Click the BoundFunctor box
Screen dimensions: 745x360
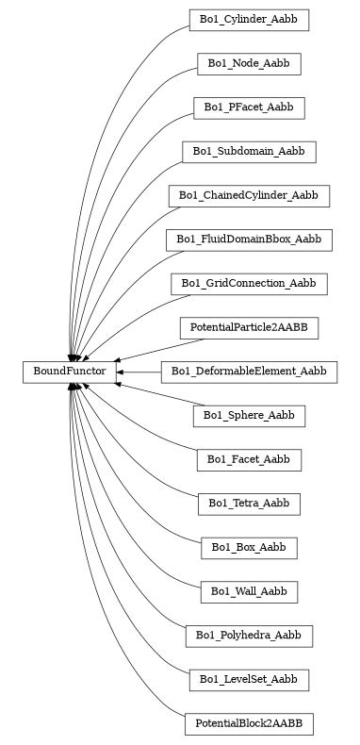click(70, 372)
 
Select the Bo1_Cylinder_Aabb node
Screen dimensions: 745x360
click(249, 19)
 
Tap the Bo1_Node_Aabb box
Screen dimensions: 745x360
click(249, 63)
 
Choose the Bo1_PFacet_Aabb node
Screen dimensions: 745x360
click(249, 108)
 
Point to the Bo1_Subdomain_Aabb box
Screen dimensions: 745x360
click(249, 151)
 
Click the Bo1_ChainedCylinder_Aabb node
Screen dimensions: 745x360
click(249, 195)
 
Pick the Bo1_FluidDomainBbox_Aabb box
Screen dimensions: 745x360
click(249, 240)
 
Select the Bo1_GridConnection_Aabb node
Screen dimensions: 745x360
click(249, 283)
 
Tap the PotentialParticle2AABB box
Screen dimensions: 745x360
click(249, 327)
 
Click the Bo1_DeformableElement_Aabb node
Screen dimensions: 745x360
click(249, 372)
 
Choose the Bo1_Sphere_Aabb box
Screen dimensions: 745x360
click(249, 415)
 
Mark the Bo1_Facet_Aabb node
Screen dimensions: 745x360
click(249, 459)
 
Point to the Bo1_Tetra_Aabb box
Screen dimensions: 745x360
click(249, 504)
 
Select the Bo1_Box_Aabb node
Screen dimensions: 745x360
click(249, 547)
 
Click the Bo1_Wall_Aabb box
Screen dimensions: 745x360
click(249, 591)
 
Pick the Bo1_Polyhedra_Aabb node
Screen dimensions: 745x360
click(249, 636)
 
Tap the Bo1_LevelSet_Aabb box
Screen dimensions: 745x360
click(249, 679)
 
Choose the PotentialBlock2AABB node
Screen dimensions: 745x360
click(249, 723)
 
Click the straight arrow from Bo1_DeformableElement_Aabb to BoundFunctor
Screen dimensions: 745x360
click(141, 372)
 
